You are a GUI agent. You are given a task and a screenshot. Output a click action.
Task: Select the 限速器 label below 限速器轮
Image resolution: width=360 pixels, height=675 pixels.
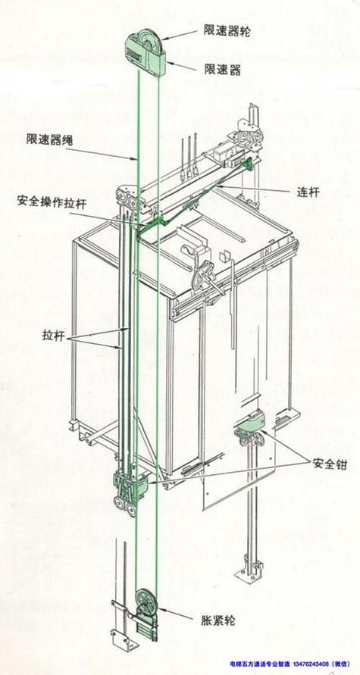coord(222,70)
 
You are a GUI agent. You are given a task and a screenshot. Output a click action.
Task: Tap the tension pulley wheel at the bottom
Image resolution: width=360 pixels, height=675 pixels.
coord(145,602)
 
